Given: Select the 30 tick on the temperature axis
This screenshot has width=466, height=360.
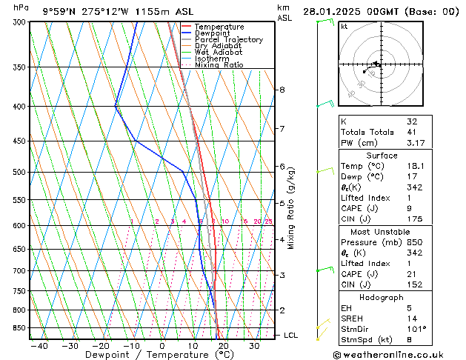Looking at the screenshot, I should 254,345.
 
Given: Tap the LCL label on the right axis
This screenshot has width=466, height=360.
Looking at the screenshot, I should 291,336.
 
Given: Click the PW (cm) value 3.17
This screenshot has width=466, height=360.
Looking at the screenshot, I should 413,143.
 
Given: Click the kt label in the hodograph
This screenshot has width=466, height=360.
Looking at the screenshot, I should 344,27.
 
